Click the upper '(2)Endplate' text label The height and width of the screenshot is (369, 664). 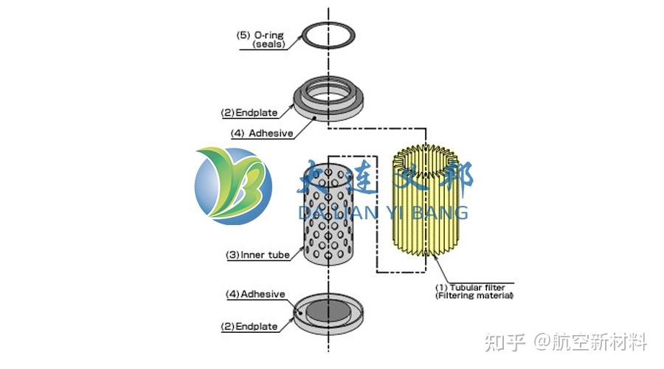coord(249,113)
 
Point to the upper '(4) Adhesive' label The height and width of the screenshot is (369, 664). coord(260,134)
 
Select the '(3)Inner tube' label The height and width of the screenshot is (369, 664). coord(258,255)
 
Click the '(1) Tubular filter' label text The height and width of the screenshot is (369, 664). coord(474,286)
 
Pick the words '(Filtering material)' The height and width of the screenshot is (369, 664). coord(474,295)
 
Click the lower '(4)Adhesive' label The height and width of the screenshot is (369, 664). coord(255,294)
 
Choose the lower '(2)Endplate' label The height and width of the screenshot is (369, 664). coord(250,325)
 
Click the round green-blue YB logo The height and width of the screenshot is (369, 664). coord(233,186)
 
